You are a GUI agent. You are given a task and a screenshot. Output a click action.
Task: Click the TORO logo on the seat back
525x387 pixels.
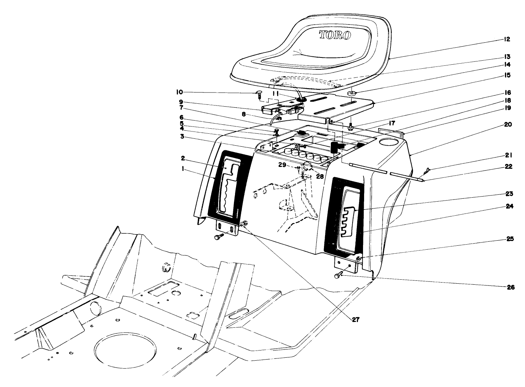point(335,35)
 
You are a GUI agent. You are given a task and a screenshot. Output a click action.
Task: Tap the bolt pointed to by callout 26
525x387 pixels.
point(338,276)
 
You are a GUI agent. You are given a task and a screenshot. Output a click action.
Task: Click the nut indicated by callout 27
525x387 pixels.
point(244,224)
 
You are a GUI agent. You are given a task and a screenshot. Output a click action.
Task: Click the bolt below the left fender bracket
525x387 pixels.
point(218,237)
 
